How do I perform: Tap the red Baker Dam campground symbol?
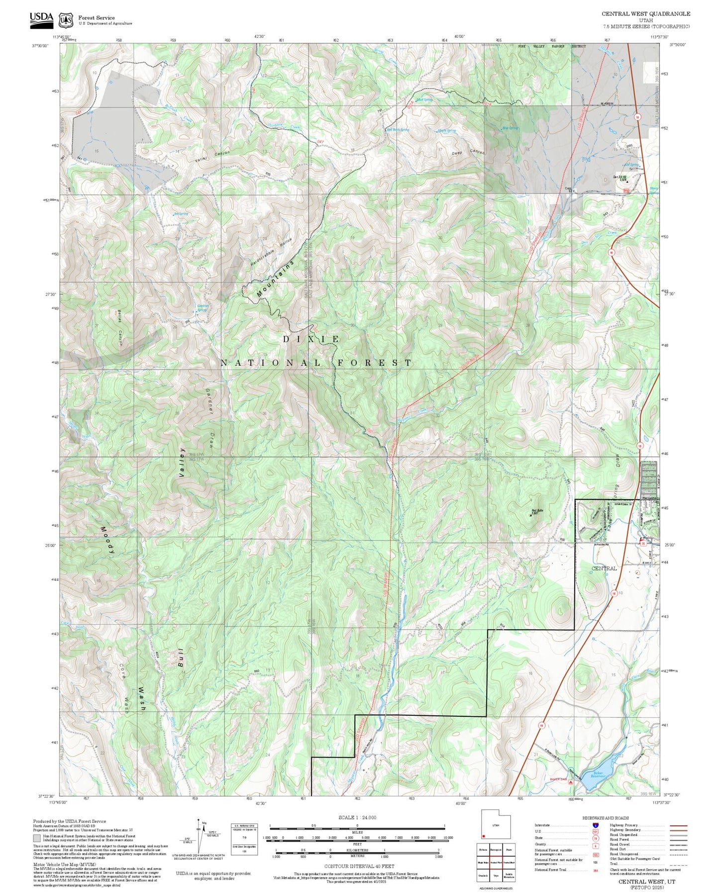(570, 782)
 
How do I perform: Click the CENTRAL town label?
(604, 568)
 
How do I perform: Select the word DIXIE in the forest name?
(311, 339)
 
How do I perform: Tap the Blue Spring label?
(510, 128)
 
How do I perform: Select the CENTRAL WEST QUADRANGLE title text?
(646, 14)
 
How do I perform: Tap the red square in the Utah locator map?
(484, 836)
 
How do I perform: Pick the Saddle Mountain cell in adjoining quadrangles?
(509, 875)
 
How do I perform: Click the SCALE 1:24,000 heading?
(357, 817)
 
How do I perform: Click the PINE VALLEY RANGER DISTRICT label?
(551, 46)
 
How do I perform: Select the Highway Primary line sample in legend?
(678, 825)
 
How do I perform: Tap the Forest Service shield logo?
(66, 20)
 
